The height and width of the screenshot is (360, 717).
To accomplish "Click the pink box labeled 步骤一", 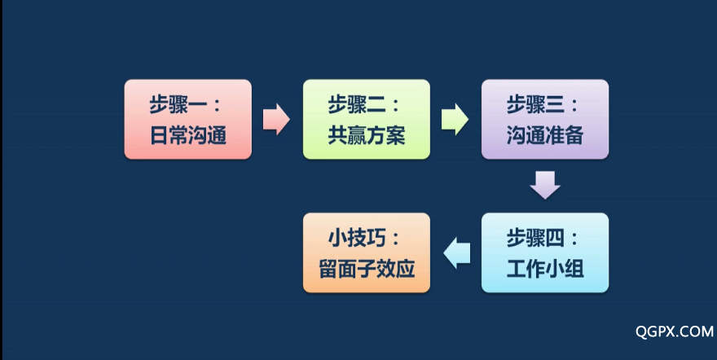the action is coord(188,119).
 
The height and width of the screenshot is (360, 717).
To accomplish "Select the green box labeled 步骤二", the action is coord(367,119).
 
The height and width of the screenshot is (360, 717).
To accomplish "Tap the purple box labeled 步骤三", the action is coord(545,119).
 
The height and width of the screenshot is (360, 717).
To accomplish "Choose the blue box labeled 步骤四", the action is coord(545,252).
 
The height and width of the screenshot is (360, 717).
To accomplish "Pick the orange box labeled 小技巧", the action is coord(367,252).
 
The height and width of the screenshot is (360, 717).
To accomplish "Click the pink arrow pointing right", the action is coord(276,119).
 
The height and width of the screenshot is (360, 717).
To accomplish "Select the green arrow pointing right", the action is coord(455,119).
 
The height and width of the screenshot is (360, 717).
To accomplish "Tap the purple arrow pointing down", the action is coord(545,185).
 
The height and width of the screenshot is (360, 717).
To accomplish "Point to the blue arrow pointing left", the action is coord(457,253).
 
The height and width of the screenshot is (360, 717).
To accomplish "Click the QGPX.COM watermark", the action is coord(675,331).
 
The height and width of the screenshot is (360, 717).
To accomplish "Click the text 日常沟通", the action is coord(188,136).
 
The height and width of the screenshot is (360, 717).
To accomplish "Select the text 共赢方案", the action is coord(367,136).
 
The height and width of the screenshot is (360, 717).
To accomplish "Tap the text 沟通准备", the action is coord(545,136).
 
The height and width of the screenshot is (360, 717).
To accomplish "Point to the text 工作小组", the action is coord(545,269).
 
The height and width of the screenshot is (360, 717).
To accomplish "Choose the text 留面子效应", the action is coord(367,269).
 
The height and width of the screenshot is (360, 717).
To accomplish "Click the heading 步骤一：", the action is coord(185,104).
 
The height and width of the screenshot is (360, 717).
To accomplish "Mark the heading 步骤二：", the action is coord(363,104).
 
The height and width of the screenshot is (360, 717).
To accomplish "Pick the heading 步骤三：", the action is coord(543,104).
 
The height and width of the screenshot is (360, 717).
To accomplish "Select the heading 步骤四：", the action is coord(543,238).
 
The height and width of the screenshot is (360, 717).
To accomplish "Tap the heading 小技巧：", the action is coord(364,238).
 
